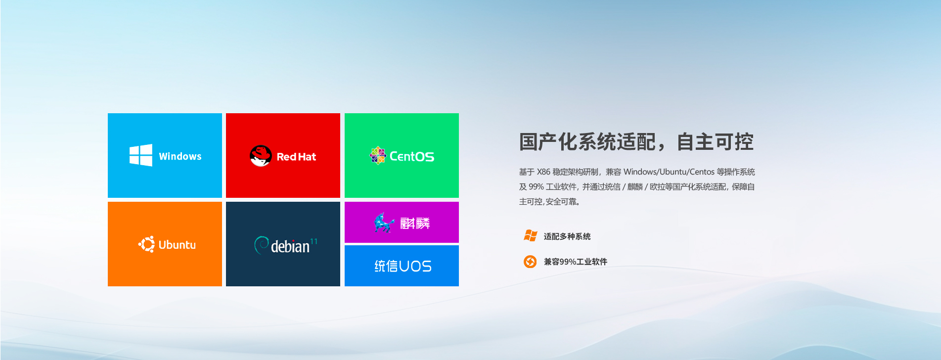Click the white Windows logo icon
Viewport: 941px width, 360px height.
point(140,155)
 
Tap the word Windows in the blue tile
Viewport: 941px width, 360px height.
point(180,156)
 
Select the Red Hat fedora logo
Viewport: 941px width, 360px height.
point(261,156)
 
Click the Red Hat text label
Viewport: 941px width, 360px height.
point(296,157)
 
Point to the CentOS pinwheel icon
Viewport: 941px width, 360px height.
point(378,155)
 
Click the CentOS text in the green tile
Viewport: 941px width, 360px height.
point(412,156)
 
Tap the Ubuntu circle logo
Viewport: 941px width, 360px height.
point(146,244)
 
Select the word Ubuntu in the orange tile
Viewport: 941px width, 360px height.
point(177,245)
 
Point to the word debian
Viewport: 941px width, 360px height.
point(290,246)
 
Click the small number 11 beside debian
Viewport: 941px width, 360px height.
point(314,241)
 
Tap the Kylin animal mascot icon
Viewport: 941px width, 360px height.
point(384,223)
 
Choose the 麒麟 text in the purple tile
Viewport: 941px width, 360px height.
point(415,224)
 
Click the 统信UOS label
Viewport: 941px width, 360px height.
point(403,266)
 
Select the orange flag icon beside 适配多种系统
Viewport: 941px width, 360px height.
point(530,236)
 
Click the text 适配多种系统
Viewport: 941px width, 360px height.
point(567,236)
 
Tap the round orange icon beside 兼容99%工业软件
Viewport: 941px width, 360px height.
point(530,261)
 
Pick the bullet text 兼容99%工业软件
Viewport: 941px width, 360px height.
point(576,262)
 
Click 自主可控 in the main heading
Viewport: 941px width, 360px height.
point(715,142)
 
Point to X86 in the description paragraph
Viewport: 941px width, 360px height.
point(543,172)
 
